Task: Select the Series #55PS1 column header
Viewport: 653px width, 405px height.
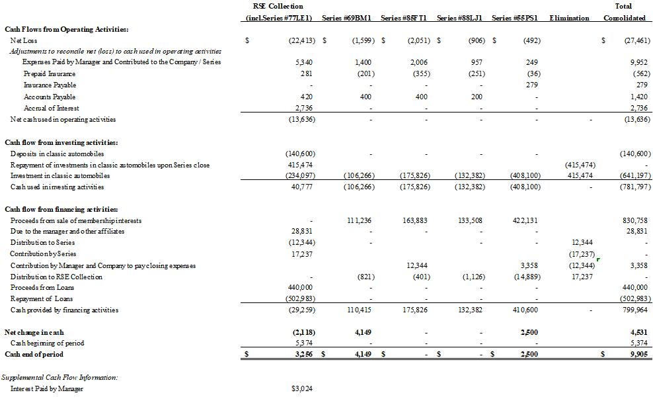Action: click(515, 18)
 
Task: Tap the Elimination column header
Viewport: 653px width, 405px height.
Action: click(568, 18)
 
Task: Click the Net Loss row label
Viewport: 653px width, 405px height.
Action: click(23, 40)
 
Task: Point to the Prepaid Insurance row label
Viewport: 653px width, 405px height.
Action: click(50, 73)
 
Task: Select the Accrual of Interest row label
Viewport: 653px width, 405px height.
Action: click(51, 108)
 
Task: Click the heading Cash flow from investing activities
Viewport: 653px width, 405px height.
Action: click(61, 142)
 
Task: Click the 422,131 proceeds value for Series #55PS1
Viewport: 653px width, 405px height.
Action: click(527, 220)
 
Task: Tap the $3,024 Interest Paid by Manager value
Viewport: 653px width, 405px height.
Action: click(301, 389)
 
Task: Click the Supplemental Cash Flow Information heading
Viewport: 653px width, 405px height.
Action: click(59, 377)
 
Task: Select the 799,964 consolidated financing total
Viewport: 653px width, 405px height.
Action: click(636, 310)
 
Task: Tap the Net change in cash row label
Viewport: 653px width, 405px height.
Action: click(34, 332)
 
